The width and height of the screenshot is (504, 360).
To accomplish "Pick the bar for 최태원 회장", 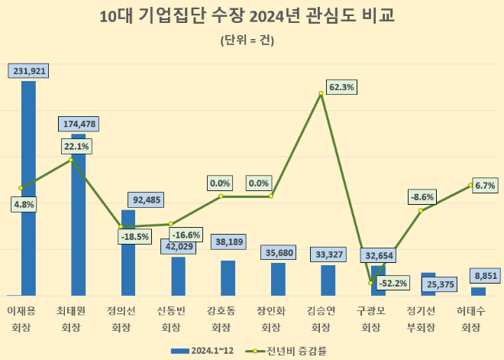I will pos(78,222).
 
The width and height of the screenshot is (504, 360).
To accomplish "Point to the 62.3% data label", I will pos(341,87).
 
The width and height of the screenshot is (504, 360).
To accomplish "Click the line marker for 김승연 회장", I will pos(321,94).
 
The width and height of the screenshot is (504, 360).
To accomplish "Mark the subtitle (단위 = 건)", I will pos(247,40).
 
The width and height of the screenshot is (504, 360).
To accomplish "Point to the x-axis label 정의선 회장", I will pos(121,319).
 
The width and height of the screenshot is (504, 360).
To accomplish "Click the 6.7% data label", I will pos(485,185).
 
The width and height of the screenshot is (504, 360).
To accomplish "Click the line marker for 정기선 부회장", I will pos(421,210).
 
